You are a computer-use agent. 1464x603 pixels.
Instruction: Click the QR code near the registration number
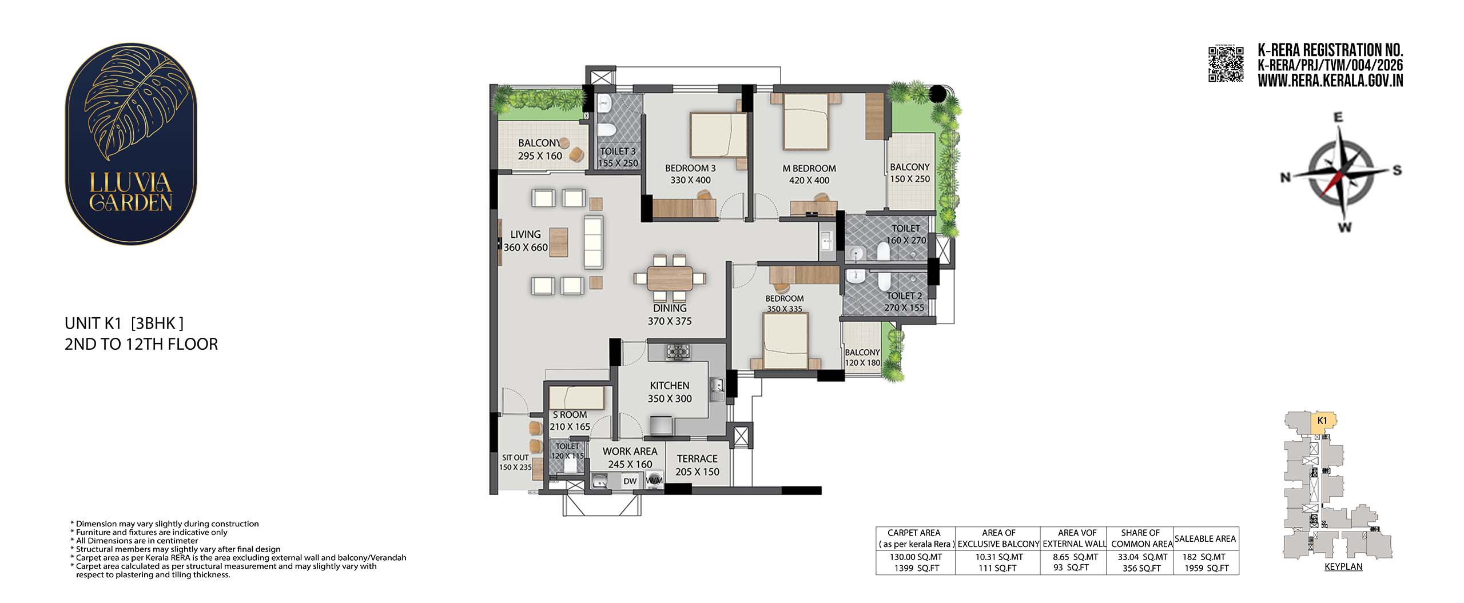1226,64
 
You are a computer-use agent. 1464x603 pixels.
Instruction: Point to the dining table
670,279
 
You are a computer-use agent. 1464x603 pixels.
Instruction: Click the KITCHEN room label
670,386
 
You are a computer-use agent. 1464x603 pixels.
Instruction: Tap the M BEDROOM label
809,169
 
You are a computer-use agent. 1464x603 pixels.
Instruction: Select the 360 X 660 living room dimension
526,247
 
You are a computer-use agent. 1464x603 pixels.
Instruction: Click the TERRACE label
697,458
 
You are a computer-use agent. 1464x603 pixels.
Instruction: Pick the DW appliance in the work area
630,481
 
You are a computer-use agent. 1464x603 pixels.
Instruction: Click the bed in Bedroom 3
718,134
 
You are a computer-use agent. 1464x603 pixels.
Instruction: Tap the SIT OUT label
515,457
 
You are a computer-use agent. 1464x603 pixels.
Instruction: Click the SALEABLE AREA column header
1205,538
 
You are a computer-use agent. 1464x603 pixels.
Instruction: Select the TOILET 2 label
904,295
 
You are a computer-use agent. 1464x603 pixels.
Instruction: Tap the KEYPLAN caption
1343,567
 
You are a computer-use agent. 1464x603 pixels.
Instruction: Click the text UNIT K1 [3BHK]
124,324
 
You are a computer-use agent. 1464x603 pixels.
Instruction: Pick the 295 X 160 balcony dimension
540,156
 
